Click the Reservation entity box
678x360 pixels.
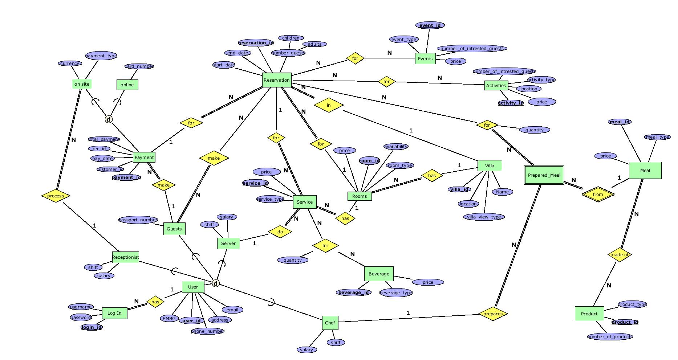276,80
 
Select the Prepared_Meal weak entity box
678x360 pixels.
544,175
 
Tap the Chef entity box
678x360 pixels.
330,323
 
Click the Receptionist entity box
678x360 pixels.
125,257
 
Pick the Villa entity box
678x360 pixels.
489,166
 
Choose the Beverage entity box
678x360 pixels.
378,274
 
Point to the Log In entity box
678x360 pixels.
114,313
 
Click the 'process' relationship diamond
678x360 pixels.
56,196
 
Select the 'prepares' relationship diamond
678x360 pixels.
493,314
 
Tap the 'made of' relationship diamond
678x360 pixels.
619,255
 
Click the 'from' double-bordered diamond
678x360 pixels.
598,195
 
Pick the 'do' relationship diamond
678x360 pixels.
280,232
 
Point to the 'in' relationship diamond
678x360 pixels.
328,105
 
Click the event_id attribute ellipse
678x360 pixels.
430,25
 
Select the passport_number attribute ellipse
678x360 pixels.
138,220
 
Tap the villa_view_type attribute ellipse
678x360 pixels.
484,217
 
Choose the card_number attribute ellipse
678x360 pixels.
139,66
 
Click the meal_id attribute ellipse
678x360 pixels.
620,122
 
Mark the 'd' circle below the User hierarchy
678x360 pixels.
216,283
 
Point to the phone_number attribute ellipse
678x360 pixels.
207,331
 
